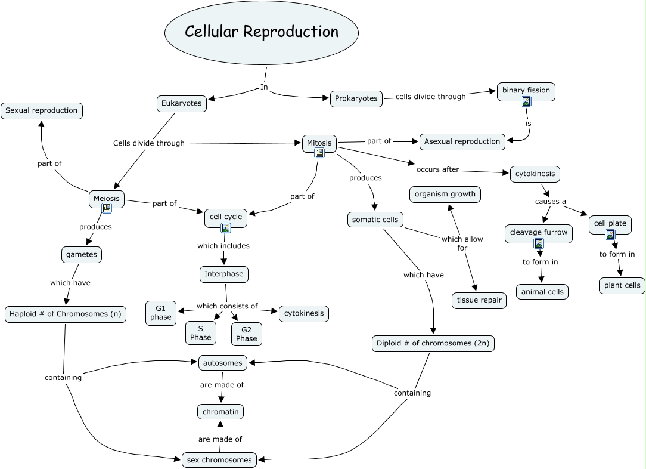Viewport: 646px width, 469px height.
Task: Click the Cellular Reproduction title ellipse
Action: pos(261,32)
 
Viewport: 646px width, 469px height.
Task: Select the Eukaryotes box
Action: pos(182,103)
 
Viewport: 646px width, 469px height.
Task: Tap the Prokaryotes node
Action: pos(356,98)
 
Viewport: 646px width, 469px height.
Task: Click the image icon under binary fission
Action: pos(526,101)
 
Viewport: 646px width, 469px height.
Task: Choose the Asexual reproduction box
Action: pos(463,141)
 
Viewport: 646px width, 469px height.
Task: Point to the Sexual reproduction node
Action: pos(42,110)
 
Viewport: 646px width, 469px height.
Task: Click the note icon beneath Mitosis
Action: pos(319,153)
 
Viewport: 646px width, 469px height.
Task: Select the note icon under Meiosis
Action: pos(107,208)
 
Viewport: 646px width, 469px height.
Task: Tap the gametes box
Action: pos(82,254)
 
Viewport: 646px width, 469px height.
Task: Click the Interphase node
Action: pos(224,274)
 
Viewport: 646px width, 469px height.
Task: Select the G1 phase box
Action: pos(161,313)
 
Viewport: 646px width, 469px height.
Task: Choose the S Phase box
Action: pos(201,333)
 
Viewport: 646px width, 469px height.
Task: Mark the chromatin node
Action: pos(220,412)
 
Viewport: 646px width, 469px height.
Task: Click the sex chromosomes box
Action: pos(220,460)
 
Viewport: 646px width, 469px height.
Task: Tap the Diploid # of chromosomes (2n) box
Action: pos(433,343)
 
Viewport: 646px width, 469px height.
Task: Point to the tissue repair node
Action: pos(479,300)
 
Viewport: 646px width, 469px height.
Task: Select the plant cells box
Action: pos(622,285)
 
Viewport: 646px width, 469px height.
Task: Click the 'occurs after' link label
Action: pos(438,169)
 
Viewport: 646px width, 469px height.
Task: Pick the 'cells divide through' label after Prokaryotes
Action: pos(431,97)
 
